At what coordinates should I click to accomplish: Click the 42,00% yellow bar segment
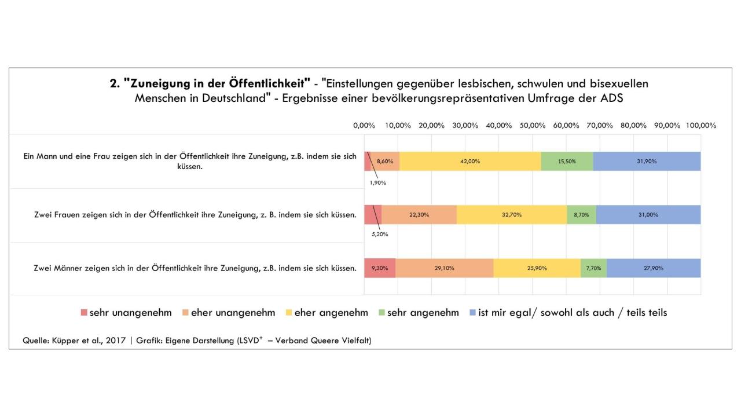[x=469, y=162]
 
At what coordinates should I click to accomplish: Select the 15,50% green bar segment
[x=567, y=162]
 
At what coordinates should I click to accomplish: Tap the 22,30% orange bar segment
[x=419, y=215]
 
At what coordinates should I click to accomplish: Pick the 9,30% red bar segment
[x=380, y=268]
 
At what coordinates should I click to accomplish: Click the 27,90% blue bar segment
[x=654, y=268]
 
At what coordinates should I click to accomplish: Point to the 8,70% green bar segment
[x=581, y=215]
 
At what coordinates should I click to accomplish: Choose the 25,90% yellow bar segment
[x=537, y=268]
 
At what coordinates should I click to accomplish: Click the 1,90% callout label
[x=378, y=183]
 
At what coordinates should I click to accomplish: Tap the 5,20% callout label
[x=380, y=235]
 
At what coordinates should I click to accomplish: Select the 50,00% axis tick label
[x=533, y=126]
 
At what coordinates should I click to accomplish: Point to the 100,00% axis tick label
[x=700, y=126]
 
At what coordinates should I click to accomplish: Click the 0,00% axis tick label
[x=364, y=126]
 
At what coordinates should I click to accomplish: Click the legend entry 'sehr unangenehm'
[x=130, y=313]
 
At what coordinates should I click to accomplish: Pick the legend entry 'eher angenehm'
[x=331, y=313]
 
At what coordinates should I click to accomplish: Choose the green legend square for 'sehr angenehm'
[x=382, y=313]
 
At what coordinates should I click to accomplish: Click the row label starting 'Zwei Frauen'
[x=195, y=215]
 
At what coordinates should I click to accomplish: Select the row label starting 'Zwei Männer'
[x=195, y=268]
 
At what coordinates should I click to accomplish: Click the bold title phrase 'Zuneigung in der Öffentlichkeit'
[x=217, y=83]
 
